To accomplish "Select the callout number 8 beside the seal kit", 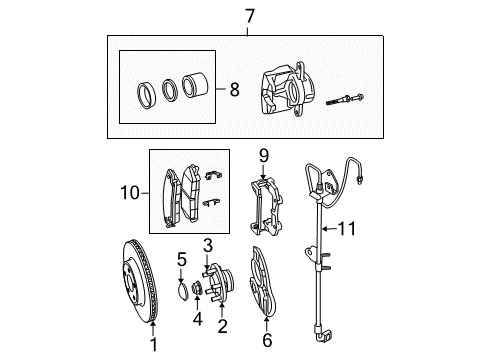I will pos(234,88).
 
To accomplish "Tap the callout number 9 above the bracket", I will pos(264,155).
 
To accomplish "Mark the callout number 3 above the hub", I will pos(207,245).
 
